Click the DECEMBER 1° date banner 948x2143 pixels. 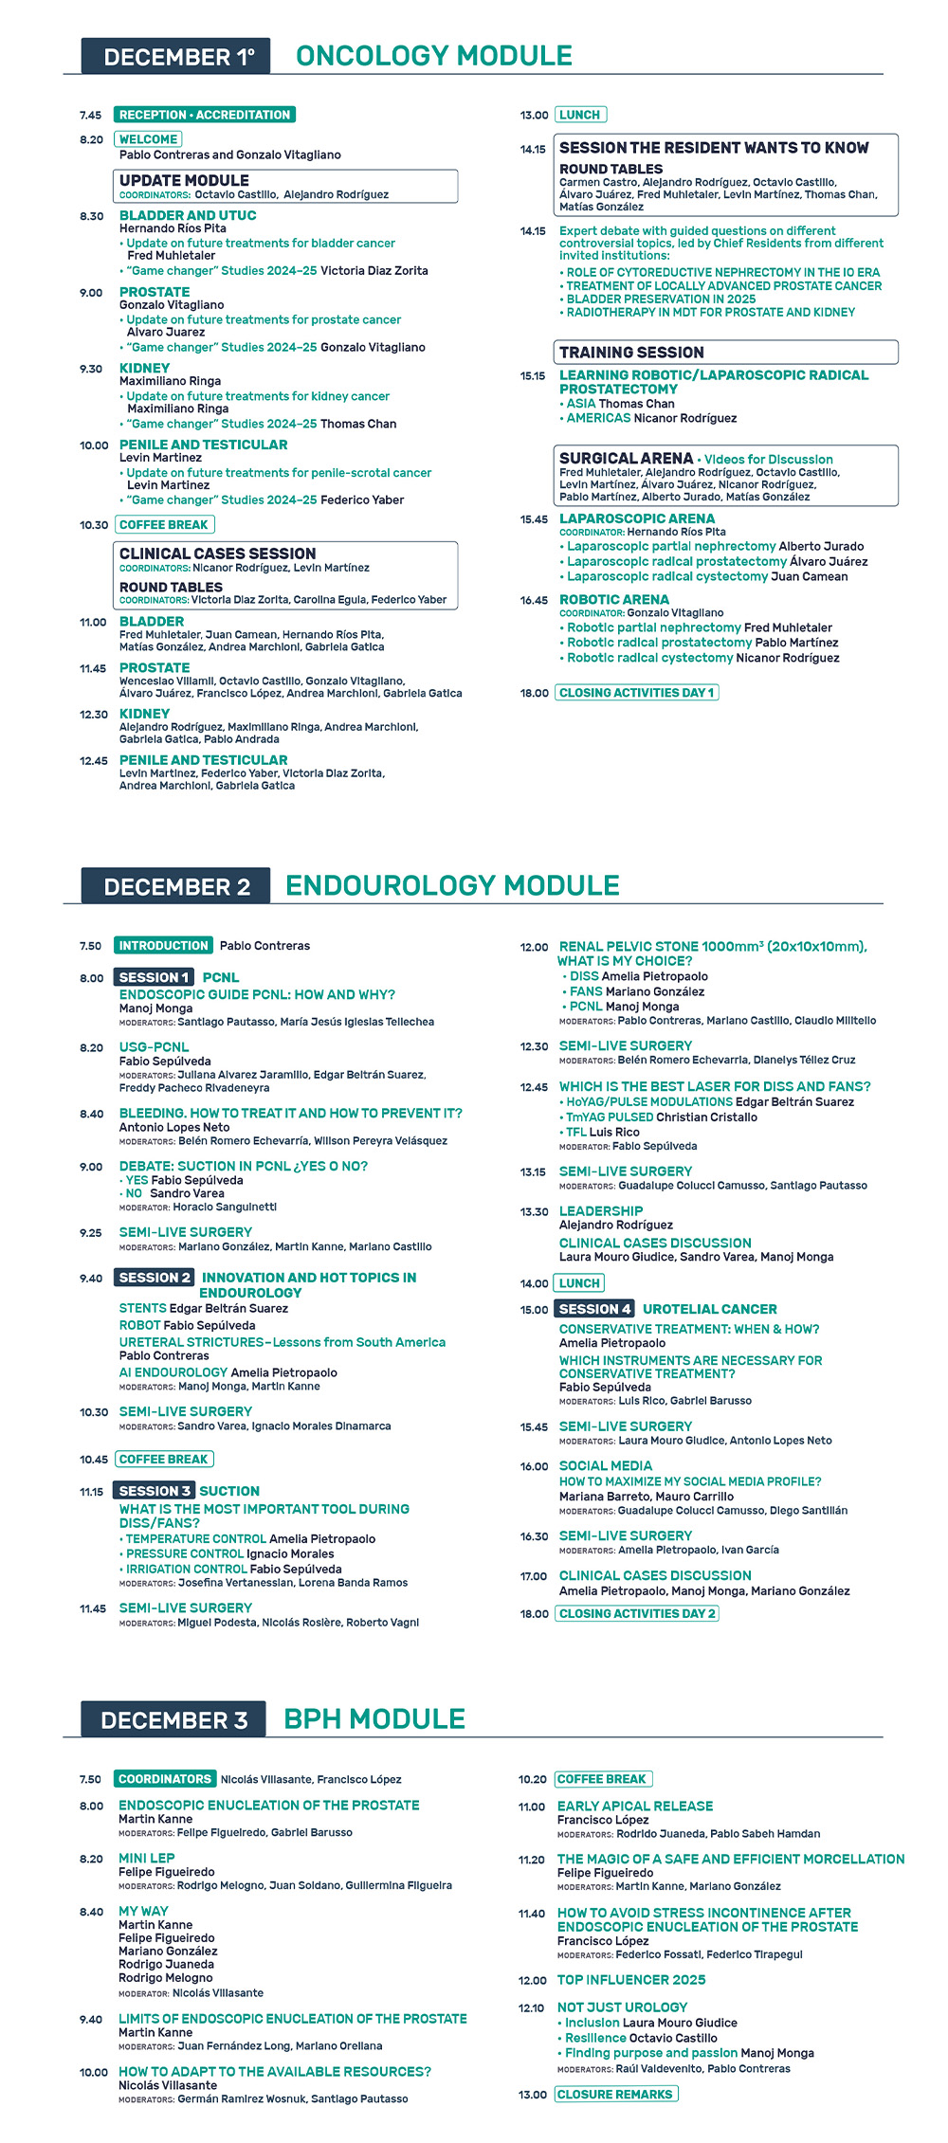coord(176,56)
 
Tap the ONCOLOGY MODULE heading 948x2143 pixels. coord(434,56)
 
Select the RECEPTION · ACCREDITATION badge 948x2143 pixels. coord(204,115)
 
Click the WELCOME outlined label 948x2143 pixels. coord(148,139)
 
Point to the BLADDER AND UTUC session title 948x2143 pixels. coord(188,215)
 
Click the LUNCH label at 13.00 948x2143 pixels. coord(580,115)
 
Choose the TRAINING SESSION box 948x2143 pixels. coord(725,353)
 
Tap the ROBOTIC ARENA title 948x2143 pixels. coord(614,600)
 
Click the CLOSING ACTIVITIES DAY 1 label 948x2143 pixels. coord(636,693)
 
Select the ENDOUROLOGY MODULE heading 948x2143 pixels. coord(452,886)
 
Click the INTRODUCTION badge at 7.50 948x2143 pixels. coord(163,946)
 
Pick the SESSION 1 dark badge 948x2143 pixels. coord(154,977)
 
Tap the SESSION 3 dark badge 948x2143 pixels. coord(155,1491)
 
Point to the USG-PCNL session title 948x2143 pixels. coord(154,1047)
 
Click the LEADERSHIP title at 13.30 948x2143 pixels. coord(601,1211)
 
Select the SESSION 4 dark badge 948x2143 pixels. coord(593,1309)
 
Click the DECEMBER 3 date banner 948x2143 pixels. coord(174,1720)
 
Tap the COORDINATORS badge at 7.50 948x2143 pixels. coord(165,1779)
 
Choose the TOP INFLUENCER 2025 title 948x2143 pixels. coord(631,1980)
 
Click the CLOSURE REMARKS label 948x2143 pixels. coord(616,2095)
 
